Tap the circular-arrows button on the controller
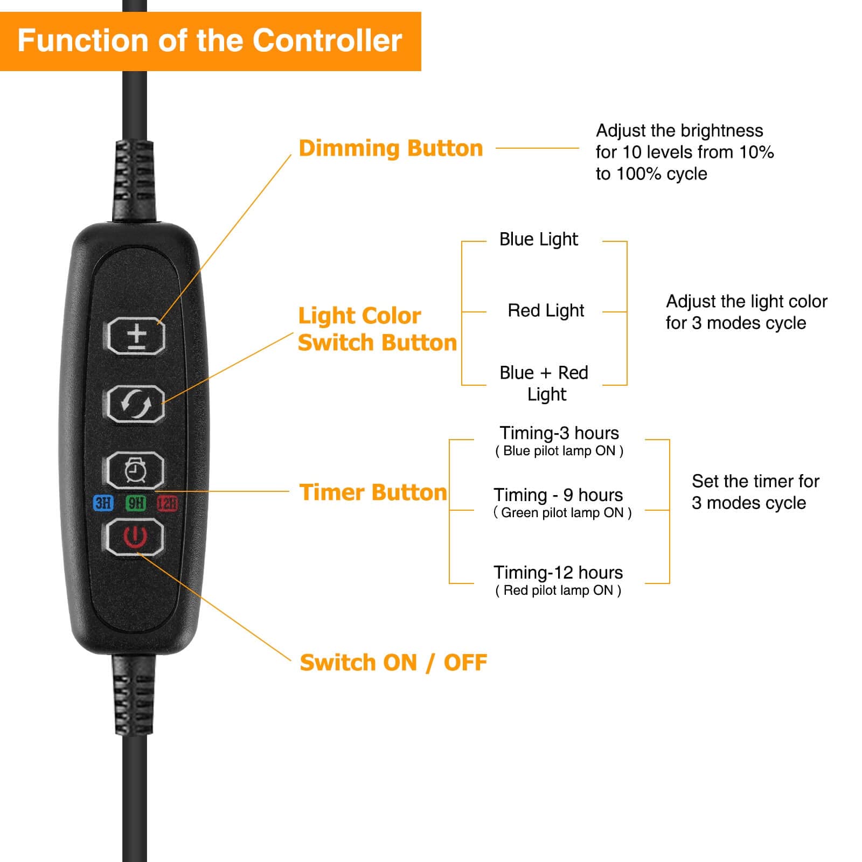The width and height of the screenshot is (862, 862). click(x=136, y=404)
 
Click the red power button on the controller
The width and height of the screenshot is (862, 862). click(x=135, y=537)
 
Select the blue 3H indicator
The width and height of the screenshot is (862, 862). click(x=103, y=503)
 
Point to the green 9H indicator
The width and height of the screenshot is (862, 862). click(x=136, y=503)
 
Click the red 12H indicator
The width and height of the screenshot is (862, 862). click(x=168, y=503)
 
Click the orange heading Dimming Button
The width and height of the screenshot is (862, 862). click(x=391, y=148)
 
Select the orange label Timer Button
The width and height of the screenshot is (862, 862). click(x=373, y=492)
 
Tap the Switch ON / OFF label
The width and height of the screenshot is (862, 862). click(x=393, y=663)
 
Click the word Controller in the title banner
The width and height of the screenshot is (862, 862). click(x=327, y=40)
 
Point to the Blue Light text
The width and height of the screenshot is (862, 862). click(x=538, y=239)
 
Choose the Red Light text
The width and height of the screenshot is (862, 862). click(x=546, y=311)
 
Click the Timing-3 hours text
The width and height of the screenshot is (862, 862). click(x=559, y=433)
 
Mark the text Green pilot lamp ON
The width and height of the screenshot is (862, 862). click(x=562, y=513)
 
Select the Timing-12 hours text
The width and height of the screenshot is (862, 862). click(x=558, y=572)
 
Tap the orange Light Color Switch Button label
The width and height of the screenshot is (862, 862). click(x=377, y=329)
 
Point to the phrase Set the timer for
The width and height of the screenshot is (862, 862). click(x=755, y=481)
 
